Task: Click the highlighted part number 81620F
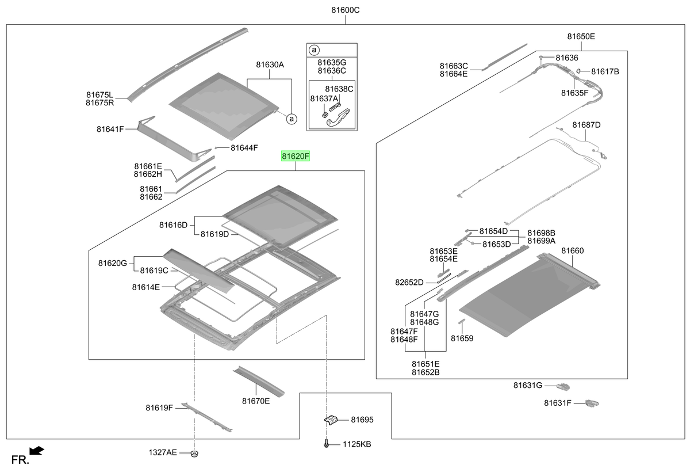295,157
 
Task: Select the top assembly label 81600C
346,10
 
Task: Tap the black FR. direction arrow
37,451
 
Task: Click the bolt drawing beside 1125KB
327,444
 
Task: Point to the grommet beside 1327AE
194,454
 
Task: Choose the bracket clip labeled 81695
331,420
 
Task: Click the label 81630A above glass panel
270,64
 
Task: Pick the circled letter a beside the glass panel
292,119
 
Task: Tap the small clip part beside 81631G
563,386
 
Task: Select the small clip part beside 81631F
592,403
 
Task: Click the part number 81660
572,250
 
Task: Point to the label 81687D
586,125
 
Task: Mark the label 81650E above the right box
581,36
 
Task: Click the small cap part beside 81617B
578,71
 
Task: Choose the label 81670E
256,401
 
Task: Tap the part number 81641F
110,129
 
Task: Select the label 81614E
145,287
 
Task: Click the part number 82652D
409,283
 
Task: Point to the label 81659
462,338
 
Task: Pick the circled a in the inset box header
314,50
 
